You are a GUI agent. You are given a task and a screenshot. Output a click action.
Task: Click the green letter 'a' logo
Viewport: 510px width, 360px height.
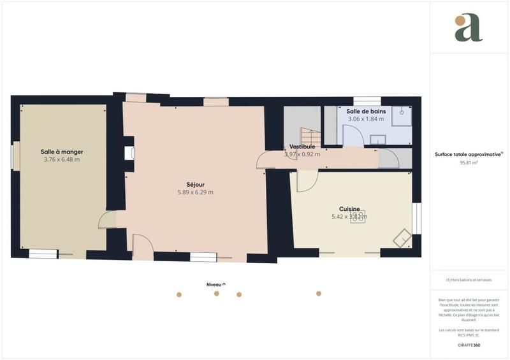point(469,28)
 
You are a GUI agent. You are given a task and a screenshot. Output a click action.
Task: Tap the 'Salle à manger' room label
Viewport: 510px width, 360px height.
point(62,152)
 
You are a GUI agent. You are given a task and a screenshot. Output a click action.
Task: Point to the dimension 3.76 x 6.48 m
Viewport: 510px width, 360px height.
point(62,160)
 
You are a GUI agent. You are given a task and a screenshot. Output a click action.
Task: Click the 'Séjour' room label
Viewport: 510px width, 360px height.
point(195,184)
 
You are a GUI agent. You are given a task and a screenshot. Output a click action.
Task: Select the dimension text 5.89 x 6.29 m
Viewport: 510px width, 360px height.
point(195,192)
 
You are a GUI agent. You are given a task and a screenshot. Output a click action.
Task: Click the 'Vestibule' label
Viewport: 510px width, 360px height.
point(302,147)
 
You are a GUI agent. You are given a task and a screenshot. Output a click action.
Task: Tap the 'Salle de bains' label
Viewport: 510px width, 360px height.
point(366,111)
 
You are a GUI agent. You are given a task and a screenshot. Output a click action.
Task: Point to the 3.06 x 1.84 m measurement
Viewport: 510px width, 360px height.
point(366,119)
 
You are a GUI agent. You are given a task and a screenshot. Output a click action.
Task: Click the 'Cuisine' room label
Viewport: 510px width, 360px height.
point(349,208)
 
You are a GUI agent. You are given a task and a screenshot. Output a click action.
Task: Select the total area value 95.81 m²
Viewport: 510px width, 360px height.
point(469,162)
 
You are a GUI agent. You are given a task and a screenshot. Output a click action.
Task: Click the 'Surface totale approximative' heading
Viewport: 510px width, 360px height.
point(469,154)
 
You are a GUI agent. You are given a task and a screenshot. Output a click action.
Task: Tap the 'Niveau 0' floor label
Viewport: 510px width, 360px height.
point(215,284)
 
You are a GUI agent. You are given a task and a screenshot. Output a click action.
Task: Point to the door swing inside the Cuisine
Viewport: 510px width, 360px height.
point(305,182)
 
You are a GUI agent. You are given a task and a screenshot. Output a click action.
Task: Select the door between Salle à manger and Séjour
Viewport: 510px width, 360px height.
point(107,220)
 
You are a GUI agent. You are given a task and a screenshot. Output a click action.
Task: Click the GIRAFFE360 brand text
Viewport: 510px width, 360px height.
point(469,345)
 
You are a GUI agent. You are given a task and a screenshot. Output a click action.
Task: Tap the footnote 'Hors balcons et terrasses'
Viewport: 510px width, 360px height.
point(469,280)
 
